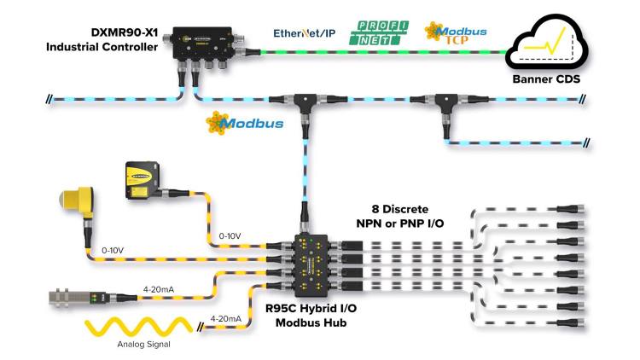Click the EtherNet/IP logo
click(304, 33)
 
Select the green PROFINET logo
click(379, 32)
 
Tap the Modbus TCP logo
click(456, 32)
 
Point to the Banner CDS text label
click(546, 78)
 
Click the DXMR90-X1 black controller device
click(203, 44)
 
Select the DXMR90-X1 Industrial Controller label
click(102, 39)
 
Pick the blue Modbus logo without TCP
click(245, 123)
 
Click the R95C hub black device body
click(311, 265)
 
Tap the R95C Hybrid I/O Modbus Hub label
click(311, 315)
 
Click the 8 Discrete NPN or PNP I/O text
click(400, 216)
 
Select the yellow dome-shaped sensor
click(77, 202)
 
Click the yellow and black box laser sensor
click(142, 180)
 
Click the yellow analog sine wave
click(138, 327)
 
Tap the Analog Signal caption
click(143, 344)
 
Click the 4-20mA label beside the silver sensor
click(159, 289)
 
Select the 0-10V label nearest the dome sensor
click(113, 250)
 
